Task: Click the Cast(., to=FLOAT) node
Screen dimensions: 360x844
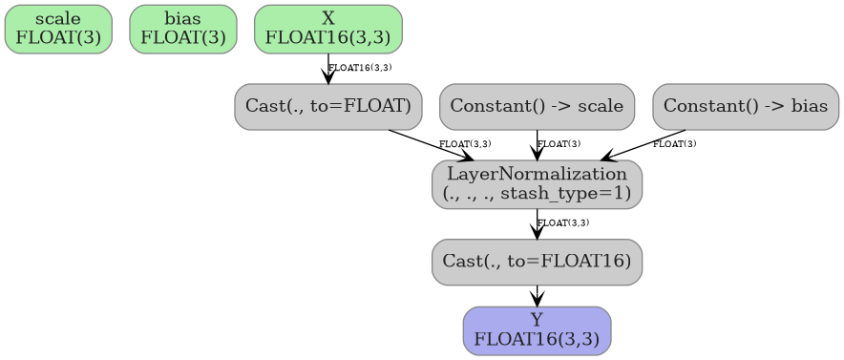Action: click(327, 106)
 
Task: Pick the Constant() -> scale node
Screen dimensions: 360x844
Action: click(537, 106)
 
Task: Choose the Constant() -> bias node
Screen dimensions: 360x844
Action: click(746, 106)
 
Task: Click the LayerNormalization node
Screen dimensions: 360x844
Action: click(537, 183)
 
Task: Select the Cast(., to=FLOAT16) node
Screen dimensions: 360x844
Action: click(537, 262)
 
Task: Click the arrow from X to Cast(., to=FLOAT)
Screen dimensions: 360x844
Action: click(328, 69)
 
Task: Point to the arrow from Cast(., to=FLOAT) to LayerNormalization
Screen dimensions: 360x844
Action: click(430, 144)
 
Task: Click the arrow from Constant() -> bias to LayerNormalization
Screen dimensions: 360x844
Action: click(644, 145)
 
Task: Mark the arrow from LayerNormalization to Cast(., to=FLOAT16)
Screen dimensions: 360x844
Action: click(537, 223)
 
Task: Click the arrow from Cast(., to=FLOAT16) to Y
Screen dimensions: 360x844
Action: click(537, 295)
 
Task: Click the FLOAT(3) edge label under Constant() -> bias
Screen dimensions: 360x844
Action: click(674, 144)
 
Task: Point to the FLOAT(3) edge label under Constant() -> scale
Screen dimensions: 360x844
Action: click(559, 144)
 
